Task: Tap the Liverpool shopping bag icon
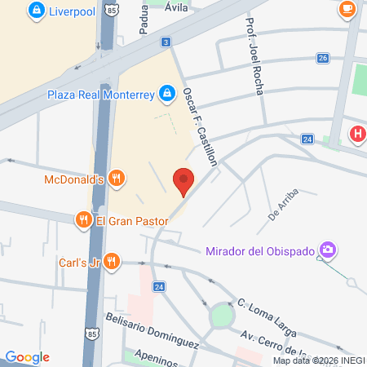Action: pyautogui.click(x=34, y=11)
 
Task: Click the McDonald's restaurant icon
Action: pyautogui.click(x=117, y=179)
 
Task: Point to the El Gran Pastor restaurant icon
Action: pyautogui.click(x=82, y=220)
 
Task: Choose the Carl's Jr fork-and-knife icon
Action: pyautogui.click(x=112, y=262)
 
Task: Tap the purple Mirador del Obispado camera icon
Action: pyautogui.click(x=327, y=249)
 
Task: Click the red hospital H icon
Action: pyautogui.click(x=356, y=134)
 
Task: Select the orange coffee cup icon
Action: pyautogui.click(x=347, y=8)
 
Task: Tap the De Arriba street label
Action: pyautogui.click(x=283, y=205)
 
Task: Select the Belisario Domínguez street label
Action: pyautogui.click(x=152, y=329)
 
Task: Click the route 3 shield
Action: pyautogui.click(x=166, y=42)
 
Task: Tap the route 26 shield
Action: pyautogui.click(x=323, y=58)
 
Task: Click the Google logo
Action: pyautogui.click(x=28, y=356)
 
